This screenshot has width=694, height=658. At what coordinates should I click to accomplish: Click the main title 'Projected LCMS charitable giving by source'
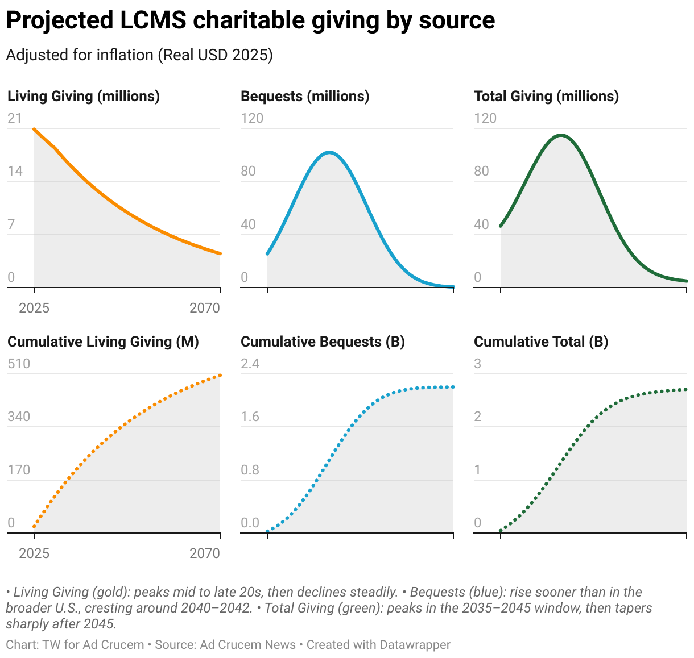(x=250, y=20)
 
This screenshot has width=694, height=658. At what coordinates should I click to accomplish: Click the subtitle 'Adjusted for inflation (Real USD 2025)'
(x=139, y=55)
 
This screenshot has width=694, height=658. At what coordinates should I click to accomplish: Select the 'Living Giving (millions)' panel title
(x=84, y=96)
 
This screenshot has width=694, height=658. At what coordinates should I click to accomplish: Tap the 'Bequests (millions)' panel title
(x=305, y=96)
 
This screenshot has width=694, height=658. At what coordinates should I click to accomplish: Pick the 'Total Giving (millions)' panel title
(x=546, y=96)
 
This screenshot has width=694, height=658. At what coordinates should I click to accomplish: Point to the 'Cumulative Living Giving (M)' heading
(x=103, y=342)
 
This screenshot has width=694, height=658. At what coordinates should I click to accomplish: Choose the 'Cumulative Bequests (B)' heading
(x=323, y=342)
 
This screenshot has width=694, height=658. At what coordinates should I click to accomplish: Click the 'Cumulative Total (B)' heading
(x=541, y=342)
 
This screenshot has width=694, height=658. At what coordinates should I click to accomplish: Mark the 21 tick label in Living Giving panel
(x=15, y=118)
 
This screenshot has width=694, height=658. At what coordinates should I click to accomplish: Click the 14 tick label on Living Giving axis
(x=15, y=171)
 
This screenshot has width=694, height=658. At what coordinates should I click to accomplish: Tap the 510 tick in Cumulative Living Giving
(x=19, y=364)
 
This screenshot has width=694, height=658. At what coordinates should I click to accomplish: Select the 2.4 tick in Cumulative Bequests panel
(x=250, y=364)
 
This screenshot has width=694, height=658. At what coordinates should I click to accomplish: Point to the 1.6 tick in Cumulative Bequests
(x=250, y=417)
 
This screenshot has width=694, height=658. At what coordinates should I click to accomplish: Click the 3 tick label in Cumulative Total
(x=478, y=364)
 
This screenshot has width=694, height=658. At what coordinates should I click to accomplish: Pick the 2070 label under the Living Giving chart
(x=205, y=308)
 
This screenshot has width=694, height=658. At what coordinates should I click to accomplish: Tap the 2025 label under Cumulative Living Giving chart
(x=34, y=553)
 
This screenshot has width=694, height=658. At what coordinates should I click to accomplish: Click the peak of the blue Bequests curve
(x=329, y=152)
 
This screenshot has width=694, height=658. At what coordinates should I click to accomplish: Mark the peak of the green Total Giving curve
(x=561, y=135)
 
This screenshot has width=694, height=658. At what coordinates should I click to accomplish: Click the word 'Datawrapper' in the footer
(x=415, y=645)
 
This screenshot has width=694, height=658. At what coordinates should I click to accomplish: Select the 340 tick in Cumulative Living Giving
(x=19, y=417)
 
